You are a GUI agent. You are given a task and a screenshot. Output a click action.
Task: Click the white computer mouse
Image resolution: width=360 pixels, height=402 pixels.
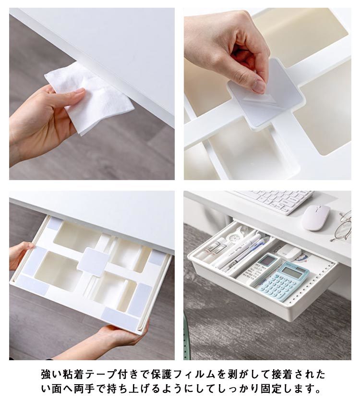click(316, 218)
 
